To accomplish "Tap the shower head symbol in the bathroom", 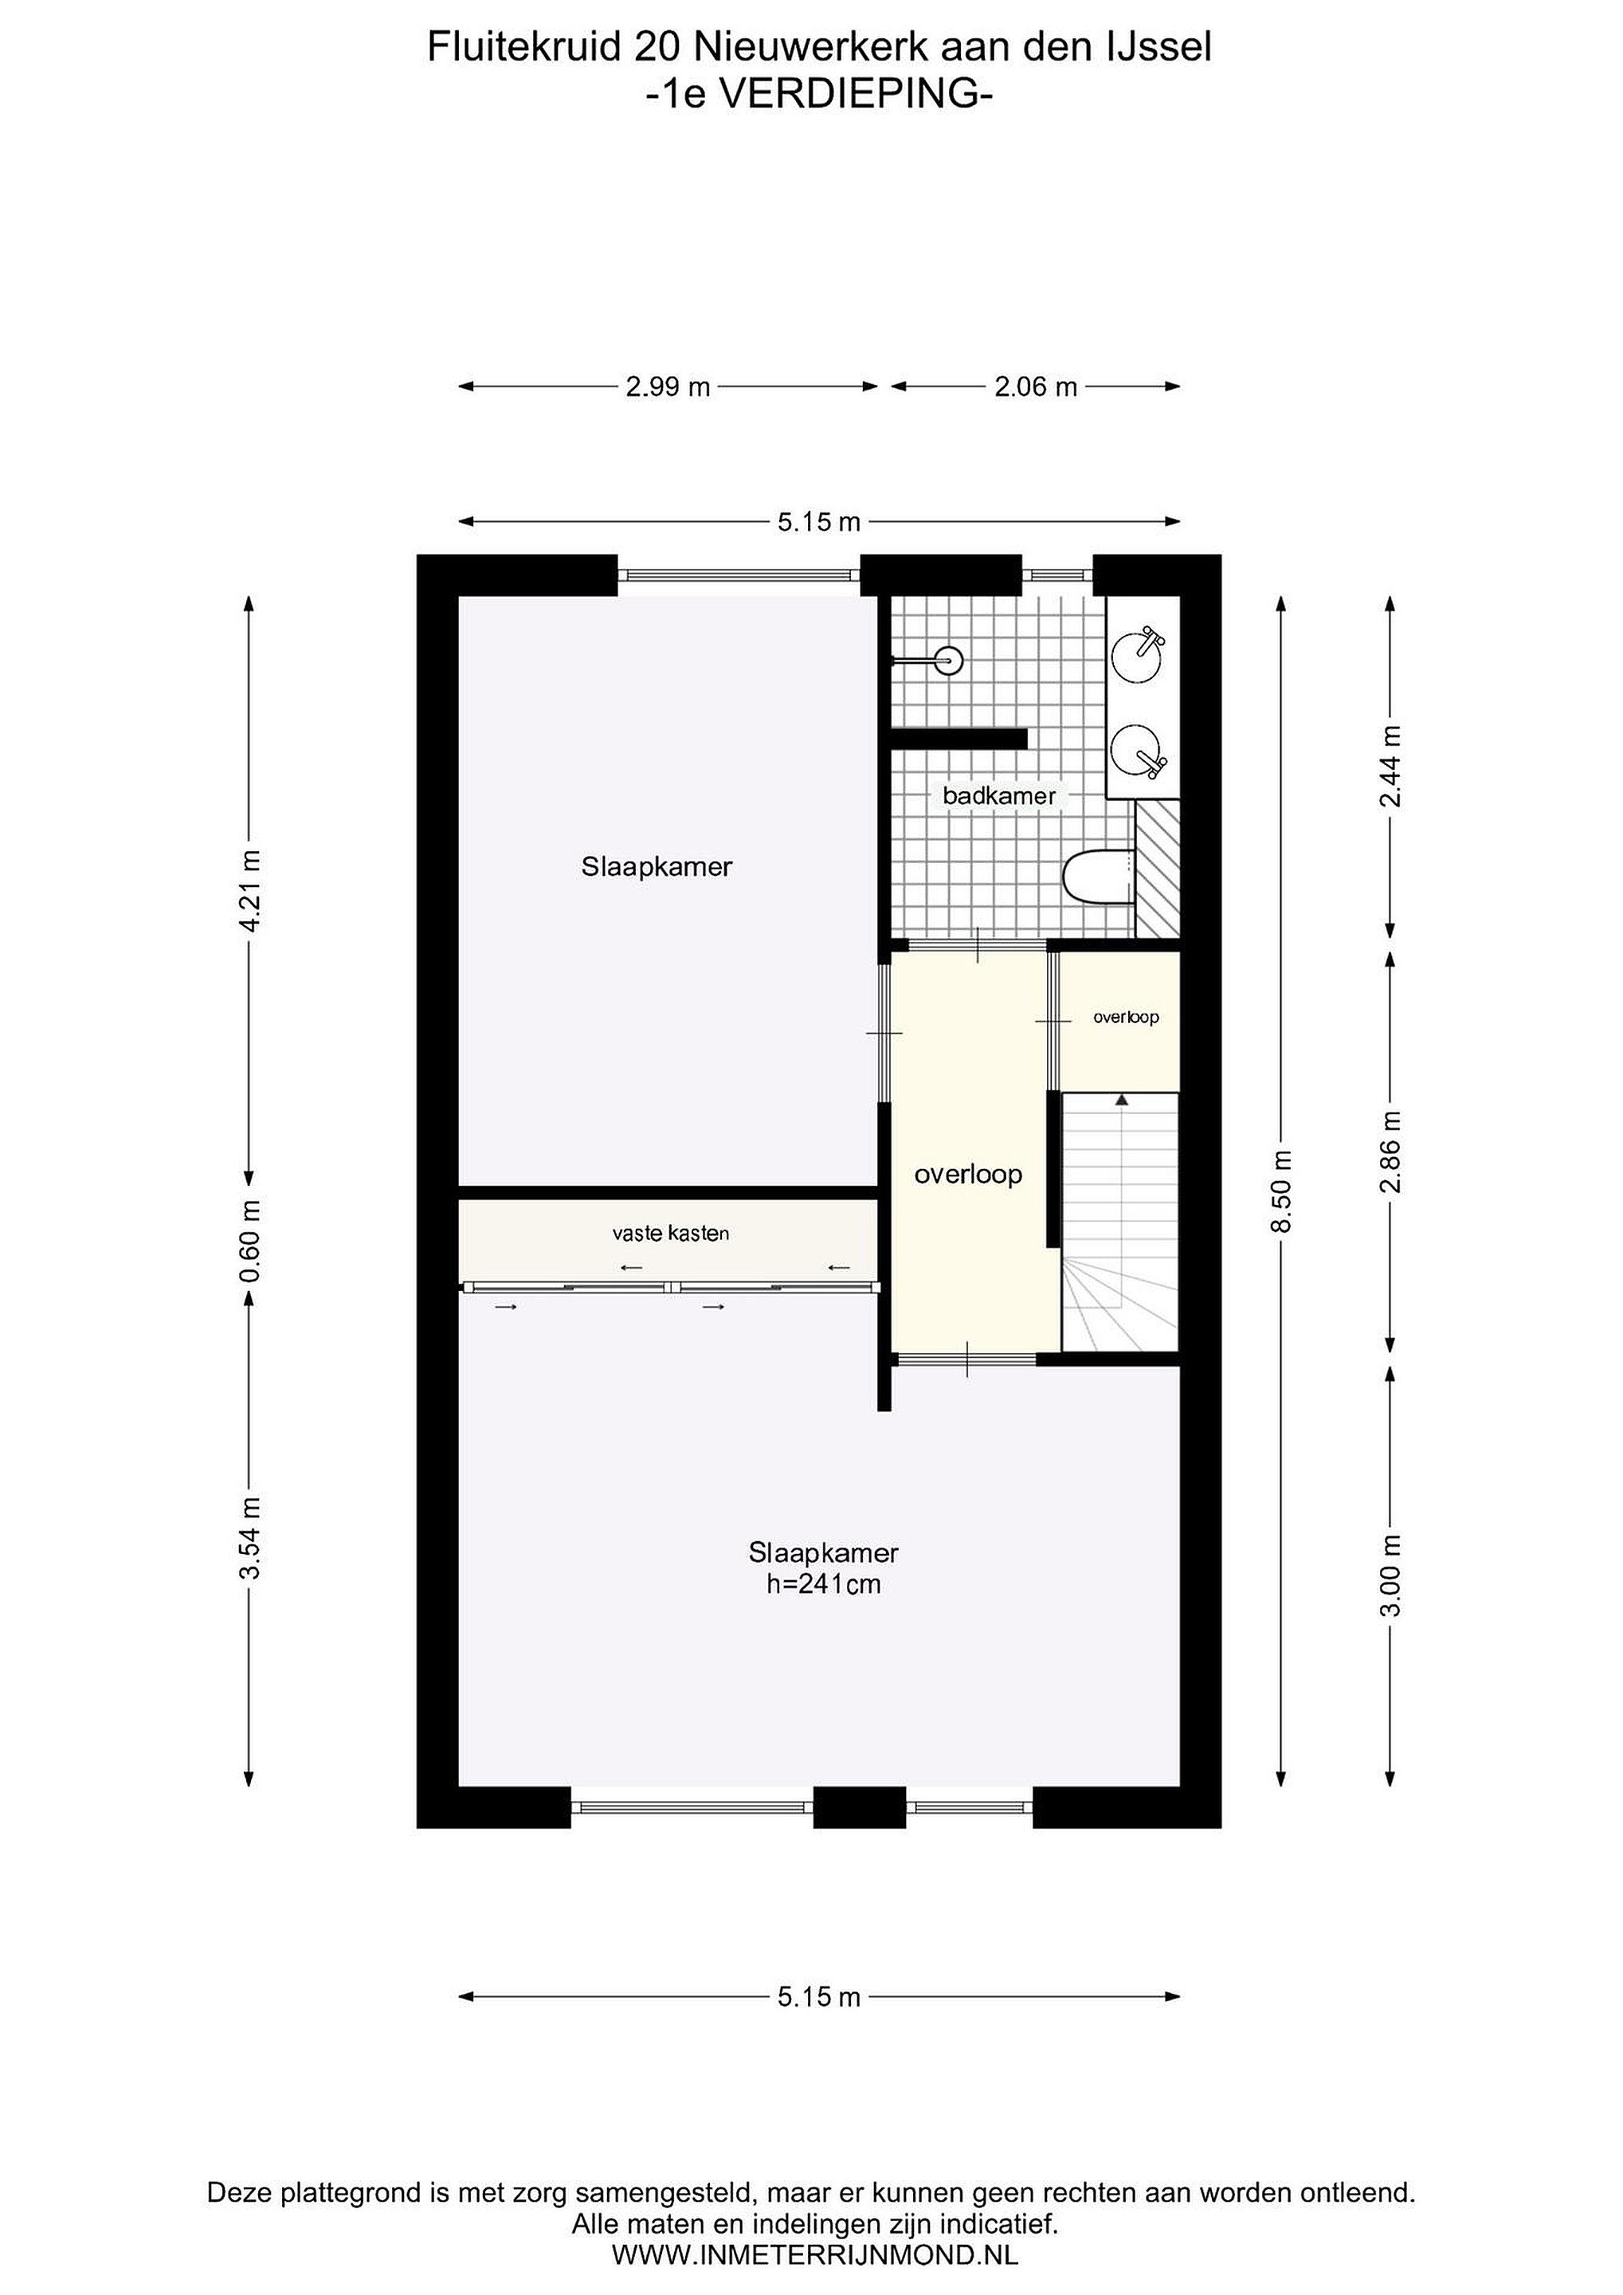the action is click(x=948, y=660).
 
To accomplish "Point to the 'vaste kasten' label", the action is click(x=671, y=1234).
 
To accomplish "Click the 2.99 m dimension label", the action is click(x=668, y=386).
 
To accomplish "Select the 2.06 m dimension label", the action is click(x=1035, y=386).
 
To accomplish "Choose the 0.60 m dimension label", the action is click(x=250, y=1242).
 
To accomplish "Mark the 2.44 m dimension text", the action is click(x=1390, y=767).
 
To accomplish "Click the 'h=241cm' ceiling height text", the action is click(x=824, y=1583).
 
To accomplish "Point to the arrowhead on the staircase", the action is click(x=1121, y=1100).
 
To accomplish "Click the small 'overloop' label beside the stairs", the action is click(x=1125, y=1018).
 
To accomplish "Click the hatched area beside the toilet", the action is click(x=1157, y=868).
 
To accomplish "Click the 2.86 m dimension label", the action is click(x=1390, y=1151).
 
